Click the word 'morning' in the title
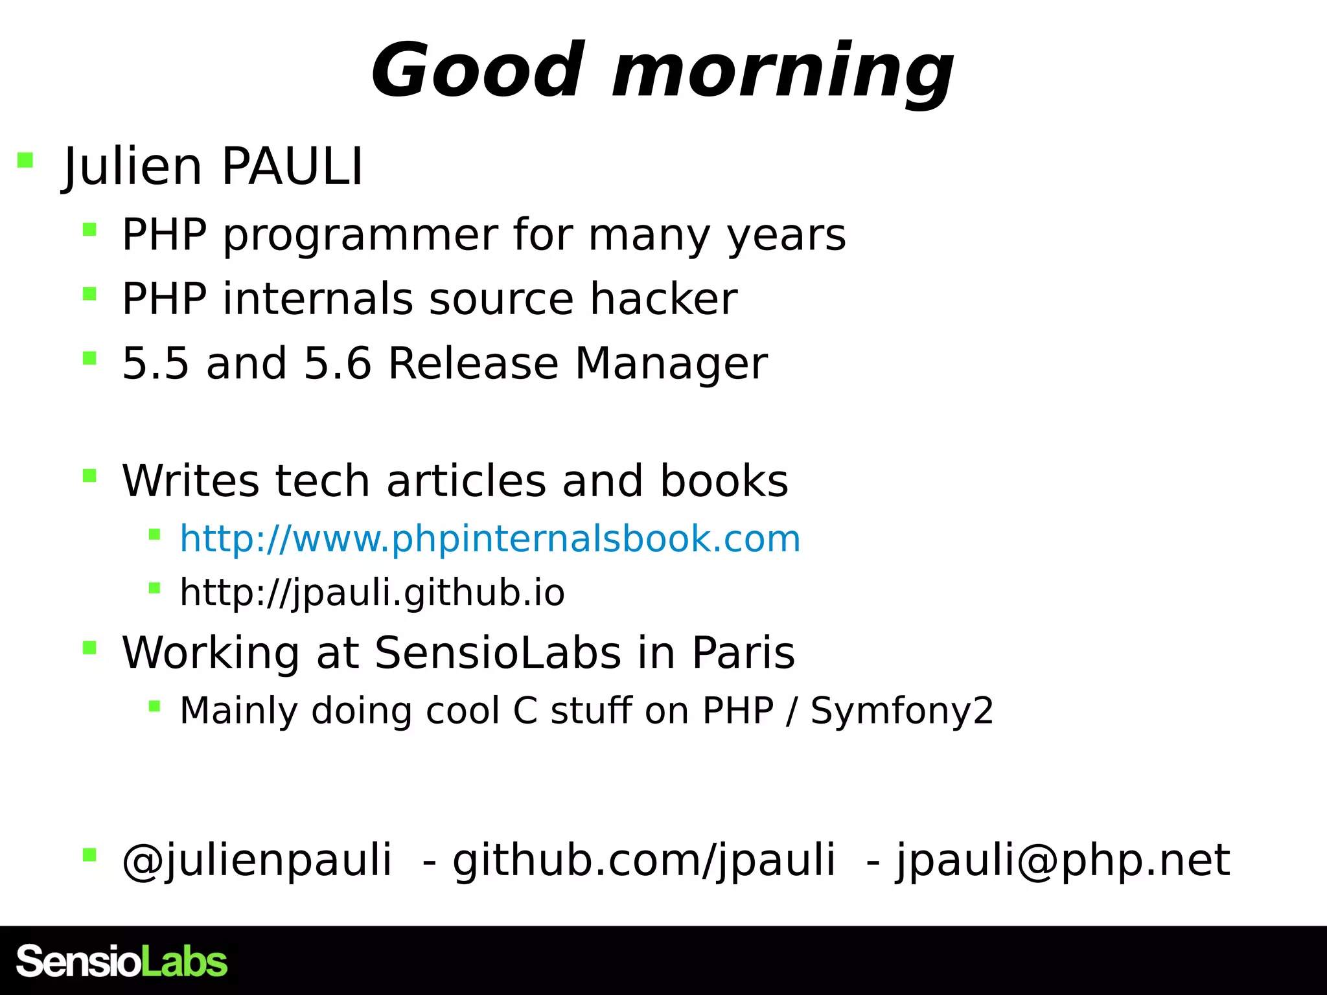782,71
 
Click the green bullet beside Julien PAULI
25,160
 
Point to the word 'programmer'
361,236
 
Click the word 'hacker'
663,299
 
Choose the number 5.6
338,363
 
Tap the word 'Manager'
671,363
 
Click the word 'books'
724,481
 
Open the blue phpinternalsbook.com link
490,539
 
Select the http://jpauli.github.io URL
372,593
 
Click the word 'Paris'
743,652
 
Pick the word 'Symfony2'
902,711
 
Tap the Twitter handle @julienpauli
257,860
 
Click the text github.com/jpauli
644,860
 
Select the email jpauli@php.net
1063,860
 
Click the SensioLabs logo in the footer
122,961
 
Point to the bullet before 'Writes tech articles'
89,477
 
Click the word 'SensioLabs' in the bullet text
498,652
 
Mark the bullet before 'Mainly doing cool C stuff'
154,706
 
